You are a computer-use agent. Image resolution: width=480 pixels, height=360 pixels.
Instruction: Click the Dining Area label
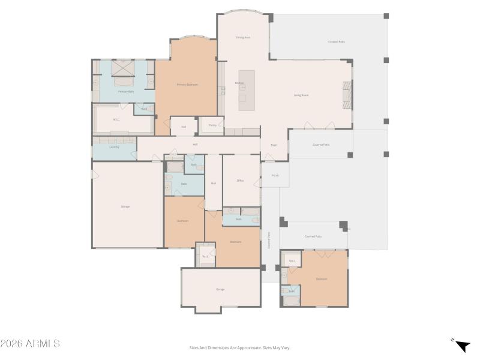pyautogui.click(x=242, y=38)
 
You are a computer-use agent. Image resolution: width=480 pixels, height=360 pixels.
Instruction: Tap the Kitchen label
pyautogui.click(x=239, y=83)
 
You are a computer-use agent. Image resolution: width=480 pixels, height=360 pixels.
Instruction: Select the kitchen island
pyautogui.click(x=247, y=90)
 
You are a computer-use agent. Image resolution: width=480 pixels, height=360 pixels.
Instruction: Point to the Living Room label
pyautogui.click(x=301, y=95)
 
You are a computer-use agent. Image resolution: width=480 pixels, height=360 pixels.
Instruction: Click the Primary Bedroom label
pyautogui.click(x=187, y=85)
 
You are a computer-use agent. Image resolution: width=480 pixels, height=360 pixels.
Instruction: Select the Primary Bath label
pyautogui.click(x=125, y=92)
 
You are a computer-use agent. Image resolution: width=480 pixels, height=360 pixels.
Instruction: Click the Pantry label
pyautogui.click(x=212, y=125)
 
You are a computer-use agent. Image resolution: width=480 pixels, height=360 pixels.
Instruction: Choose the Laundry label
pyautogui.click(x=114, y=147)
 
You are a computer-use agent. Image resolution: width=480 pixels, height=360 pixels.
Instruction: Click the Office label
pyautogui.click(x=240, y=180)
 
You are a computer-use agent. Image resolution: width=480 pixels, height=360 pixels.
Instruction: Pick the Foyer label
pyautogui.click(x=274, y=145)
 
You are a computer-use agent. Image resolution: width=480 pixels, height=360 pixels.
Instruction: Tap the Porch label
pyautogui.click(x=275, y=176)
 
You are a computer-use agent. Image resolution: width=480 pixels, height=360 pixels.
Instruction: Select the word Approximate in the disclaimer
pyautogui.click(x=250, y=347)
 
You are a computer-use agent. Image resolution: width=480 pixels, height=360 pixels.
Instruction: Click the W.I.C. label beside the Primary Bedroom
pyautogui.click(x=116, y=119)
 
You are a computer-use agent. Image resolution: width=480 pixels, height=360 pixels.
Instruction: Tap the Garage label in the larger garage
pyautogui.click(x=125, y=206)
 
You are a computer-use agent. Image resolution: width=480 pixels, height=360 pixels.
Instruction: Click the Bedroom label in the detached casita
pyautogui.click(x=322, y=279)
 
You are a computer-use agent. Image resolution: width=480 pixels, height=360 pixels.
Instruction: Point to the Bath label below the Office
pyautogui.click(x=238, y=219)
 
